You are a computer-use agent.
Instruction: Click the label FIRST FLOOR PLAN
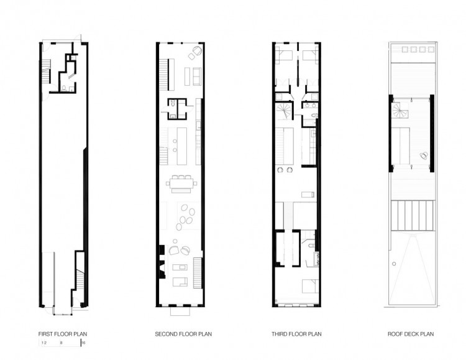tap(63, 334)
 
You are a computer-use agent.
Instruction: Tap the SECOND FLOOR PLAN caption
tap(183, 334)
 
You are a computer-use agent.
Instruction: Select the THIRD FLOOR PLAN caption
tap(296, 334)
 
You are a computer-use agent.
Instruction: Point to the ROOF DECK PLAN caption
tap(411, 334)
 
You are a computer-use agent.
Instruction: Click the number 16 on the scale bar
tap(83, 343)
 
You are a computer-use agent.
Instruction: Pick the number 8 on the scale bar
tap(62, 343)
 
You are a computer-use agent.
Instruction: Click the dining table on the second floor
tap(181, 184)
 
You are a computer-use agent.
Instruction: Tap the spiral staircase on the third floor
tap(285, 111)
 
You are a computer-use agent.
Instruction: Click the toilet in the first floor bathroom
tap(63, 88)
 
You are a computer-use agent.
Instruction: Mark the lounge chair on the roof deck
tap(423, 155)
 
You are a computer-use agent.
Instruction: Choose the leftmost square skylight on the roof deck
tap(404, 49)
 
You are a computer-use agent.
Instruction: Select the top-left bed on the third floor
tap(283, 57)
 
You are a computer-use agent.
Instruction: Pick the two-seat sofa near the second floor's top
tap(197, 76)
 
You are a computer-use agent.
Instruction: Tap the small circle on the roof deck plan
tap(394, 264)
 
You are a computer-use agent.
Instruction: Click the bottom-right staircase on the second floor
tap(198, 273)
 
